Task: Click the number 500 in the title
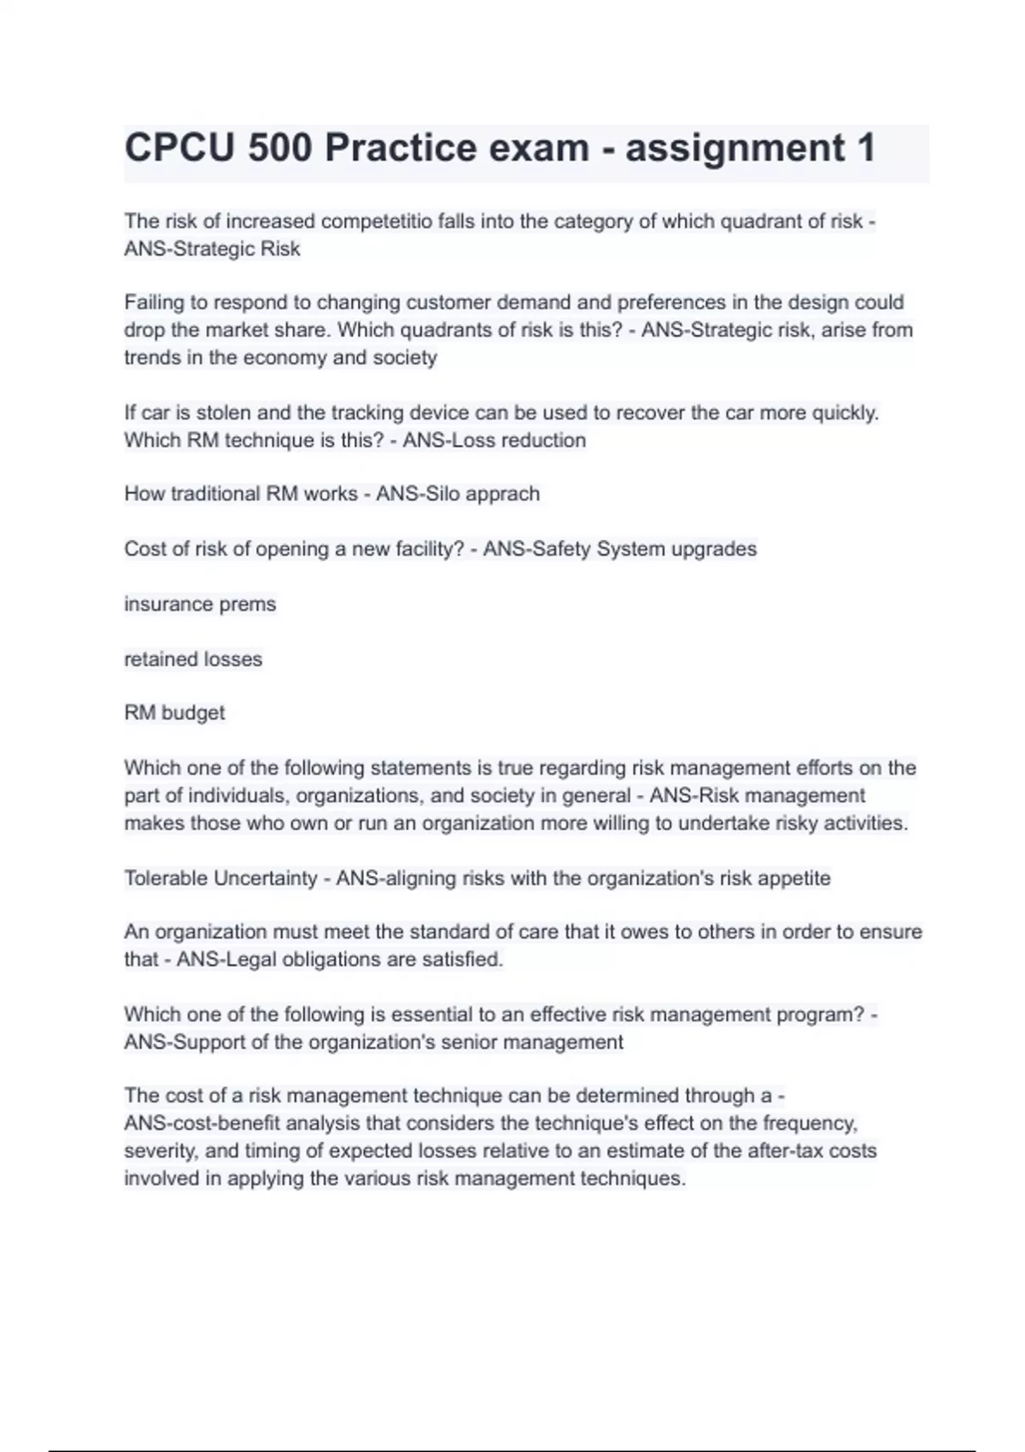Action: coord(280,149)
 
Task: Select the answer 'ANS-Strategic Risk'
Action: coord(212,249)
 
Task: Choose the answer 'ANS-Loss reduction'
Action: coord(494,441)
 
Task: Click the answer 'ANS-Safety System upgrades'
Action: coord(619,549)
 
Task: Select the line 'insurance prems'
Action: coord(200,605)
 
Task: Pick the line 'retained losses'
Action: coord(193,659)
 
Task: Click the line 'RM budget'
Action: coord(174,713)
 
